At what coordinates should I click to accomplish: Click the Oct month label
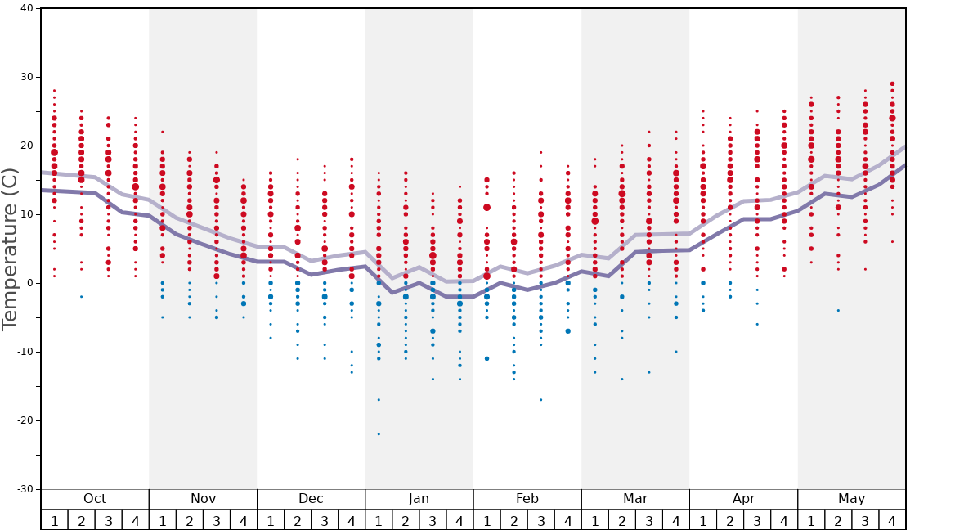click(x=95, y=499)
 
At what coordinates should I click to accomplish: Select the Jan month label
click(x=419, y=499)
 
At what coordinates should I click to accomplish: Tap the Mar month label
click(x=635, y=499)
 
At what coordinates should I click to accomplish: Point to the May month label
click(x=851, y=499)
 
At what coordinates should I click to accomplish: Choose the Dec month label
click(x=311, y=499)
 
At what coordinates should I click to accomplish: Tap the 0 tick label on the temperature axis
click(x=29, y=283)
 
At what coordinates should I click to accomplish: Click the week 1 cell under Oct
click(x=54, y=520)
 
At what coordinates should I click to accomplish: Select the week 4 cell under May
click(x=892, y=520)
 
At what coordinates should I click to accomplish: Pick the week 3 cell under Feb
click(x=540, y=520)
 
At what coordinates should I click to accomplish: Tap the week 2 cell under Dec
click(x=298, y=520)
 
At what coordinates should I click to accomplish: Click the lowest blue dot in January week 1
click(x=379, y=434)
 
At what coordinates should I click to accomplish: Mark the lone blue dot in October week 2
click(x=81, y=296)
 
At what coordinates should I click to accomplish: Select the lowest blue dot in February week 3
click(x=540, y=399)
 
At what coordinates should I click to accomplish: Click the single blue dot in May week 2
click(x=838, y=310)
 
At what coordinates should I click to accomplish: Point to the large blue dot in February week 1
click(x=486, y=358)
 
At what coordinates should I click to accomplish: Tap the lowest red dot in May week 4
click(x=892, y=241)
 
